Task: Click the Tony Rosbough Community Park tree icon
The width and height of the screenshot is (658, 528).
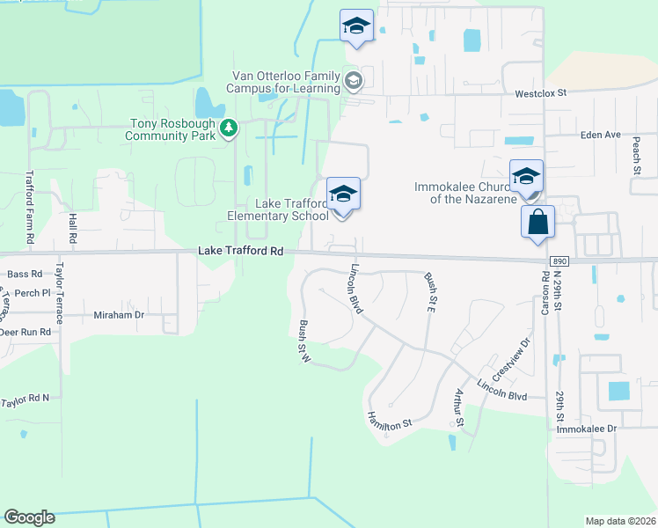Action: (229, 129)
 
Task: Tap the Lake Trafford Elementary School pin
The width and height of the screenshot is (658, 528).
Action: (343, 196)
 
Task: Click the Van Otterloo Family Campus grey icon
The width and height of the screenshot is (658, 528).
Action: (353, 82)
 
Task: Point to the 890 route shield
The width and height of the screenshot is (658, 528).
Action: (559, 261)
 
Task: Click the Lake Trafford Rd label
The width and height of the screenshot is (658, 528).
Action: (240, 251)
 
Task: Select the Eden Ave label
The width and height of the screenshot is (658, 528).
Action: (601, 135)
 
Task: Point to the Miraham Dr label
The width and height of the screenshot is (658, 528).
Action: (119, 314)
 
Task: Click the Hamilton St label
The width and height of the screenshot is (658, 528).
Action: (390, 420)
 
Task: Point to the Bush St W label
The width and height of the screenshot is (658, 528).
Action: (305, 339)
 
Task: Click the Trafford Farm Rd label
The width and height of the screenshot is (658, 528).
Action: (30, 207)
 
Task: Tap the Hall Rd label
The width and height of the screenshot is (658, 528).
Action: (72, 227)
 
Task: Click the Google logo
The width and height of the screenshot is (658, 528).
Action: (29, 517)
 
